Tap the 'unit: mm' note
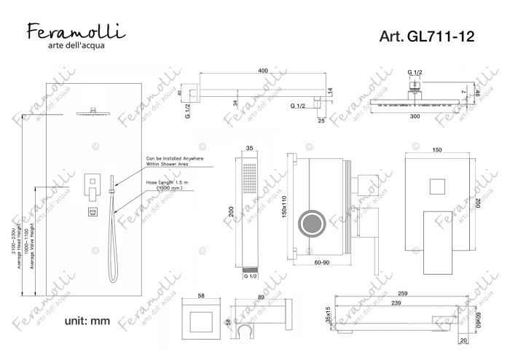point(87,321)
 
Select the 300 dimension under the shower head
point(414,117)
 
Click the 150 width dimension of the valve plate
point(437,149)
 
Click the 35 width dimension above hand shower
point(250,148)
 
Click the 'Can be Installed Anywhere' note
point(175,161)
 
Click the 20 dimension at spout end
point(463,340)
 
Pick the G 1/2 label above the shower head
point(415,73)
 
